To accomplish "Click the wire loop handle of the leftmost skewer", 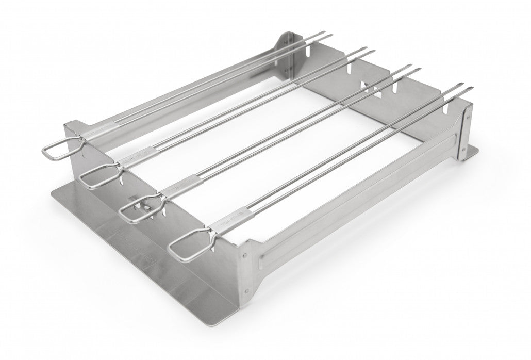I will pos(56,150).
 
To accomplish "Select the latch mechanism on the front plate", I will pos(146,206).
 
